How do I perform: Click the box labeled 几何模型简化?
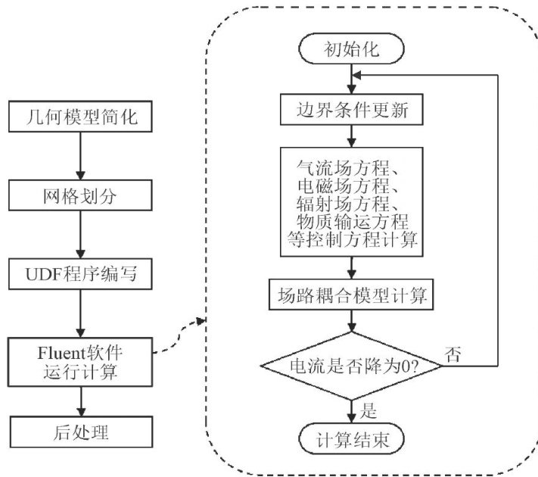point(80,117)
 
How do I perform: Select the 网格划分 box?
point(80,195)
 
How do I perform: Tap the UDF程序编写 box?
point(80,274)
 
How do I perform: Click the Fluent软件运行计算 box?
point(80,363)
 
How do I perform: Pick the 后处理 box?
point(81,432)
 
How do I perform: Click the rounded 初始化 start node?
point(351,48)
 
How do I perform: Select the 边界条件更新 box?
point(352,110)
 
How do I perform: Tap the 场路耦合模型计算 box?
point(351,295)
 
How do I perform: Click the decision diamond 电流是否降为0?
point(351,366)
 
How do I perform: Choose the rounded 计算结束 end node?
point(351,439)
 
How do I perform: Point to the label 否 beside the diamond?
point(452,354)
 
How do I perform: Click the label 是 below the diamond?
point(369,410)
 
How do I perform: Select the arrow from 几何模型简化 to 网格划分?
point(80,156)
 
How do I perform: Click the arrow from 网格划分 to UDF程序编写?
point(80,235)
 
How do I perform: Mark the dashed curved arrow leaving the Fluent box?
point(179,335)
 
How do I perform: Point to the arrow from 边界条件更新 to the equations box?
point(351,136)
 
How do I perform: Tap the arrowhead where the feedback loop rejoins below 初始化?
point(356,75)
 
